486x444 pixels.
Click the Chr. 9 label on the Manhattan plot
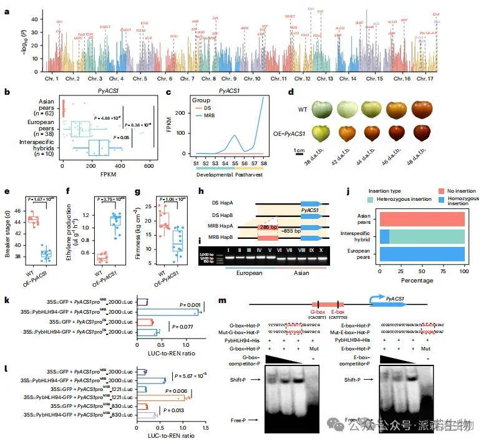click(228, 79)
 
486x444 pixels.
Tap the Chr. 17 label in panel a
click(425, 79)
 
